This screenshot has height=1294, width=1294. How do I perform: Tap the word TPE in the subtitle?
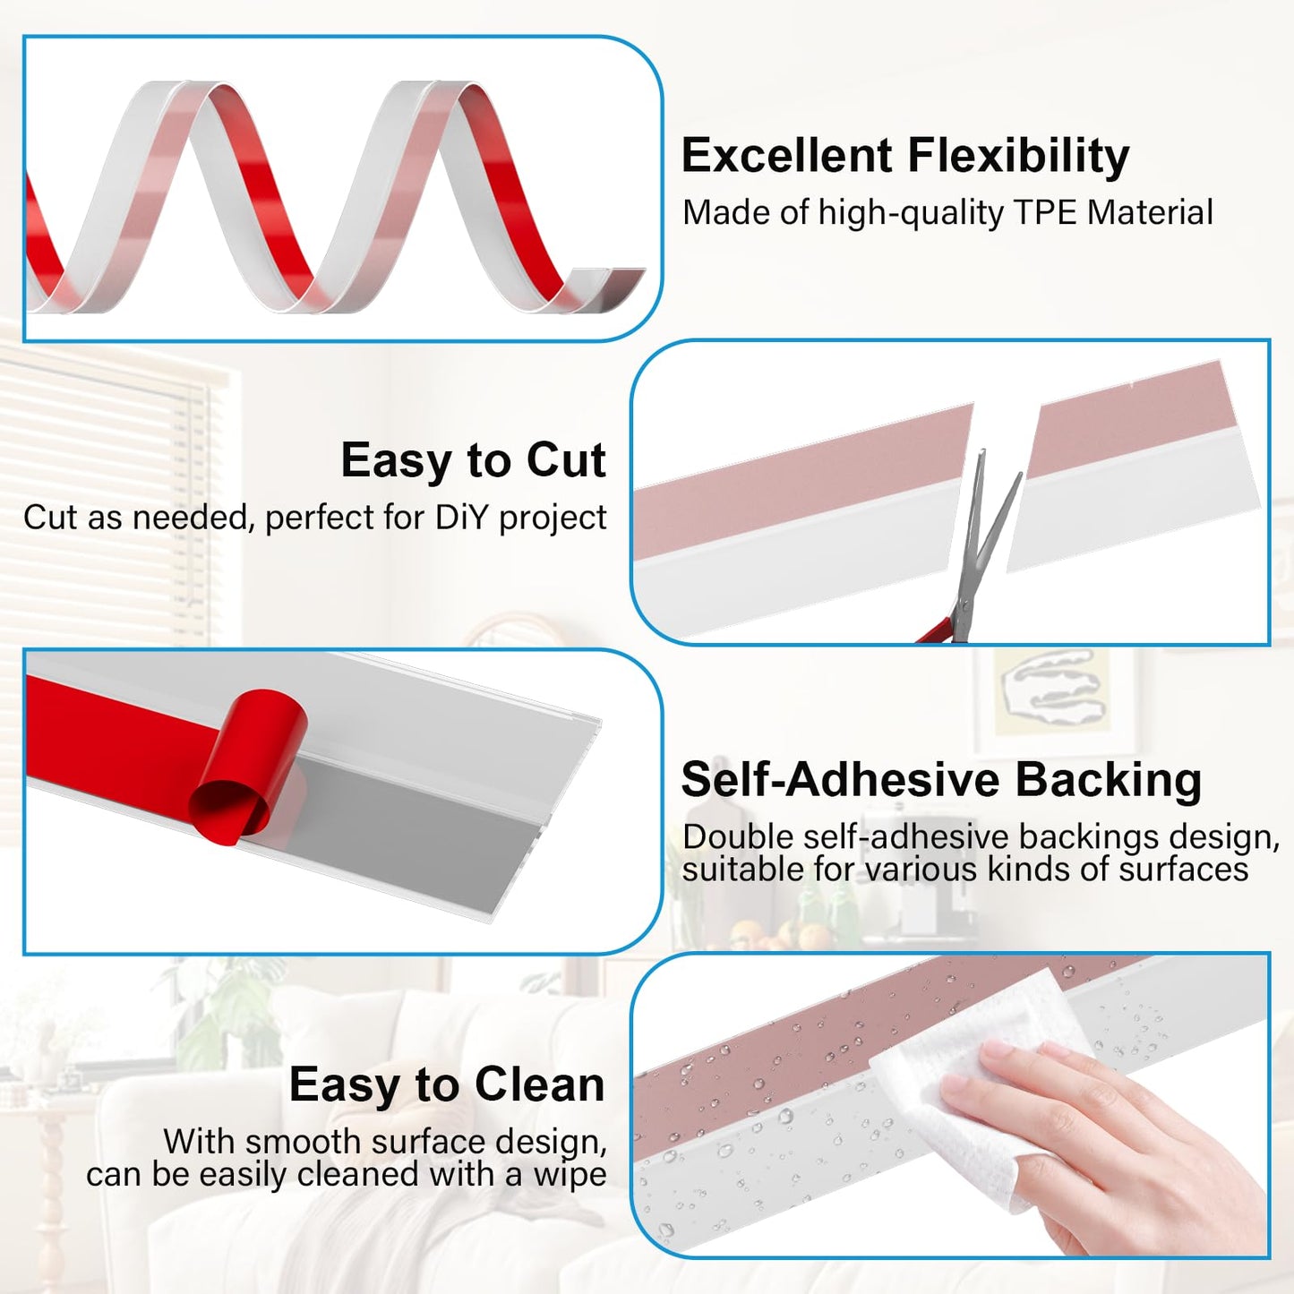(1046, 213)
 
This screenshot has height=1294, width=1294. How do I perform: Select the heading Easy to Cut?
(473, 460)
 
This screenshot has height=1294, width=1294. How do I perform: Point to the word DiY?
(462, 518)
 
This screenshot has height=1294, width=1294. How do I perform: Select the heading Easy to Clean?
(446, 1084)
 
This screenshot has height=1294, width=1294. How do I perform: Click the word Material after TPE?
(1150, 213)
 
